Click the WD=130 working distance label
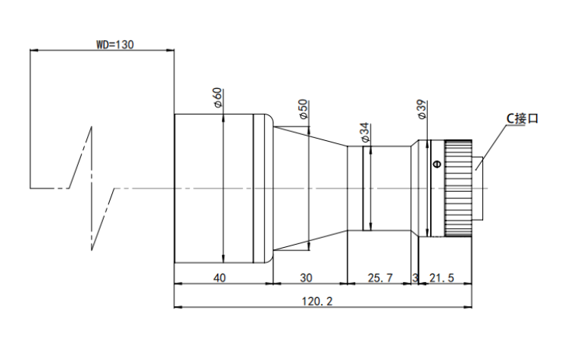[x=115, y=45]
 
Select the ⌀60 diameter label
[x=218, y=97]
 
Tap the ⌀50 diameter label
[x=304, y=109]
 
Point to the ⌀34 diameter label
[x=364, y=133]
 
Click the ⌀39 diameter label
[x=422, y=109]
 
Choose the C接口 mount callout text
[x=523, y=118]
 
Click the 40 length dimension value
[x=219, y=278]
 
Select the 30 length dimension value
[x=306, y=278]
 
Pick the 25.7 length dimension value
[x=380, y=278]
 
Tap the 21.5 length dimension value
[x=442, y=278]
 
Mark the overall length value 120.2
[x=317, y=302]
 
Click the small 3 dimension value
[x=415, y=278]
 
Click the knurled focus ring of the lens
[x=457, y=189]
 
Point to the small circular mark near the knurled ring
[x=437, y=164]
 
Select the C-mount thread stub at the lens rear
[x=478, y=189]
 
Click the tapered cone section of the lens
[x=310, y=189]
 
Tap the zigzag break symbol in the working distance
[x=92, y=189]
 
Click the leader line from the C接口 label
[x=491, y=148]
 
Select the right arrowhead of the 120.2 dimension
[x=468, y=307]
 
